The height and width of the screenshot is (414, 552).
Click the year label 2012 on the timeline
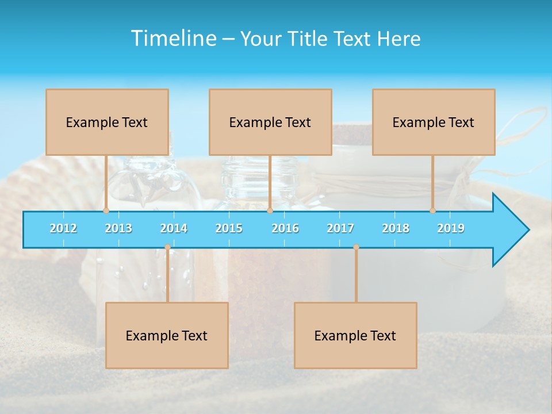(x=63, y=228)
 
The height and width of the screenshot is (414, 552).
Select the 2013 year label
(x=118, y=228)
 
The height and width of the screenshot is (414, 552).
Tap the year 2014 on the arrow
(x=174, y=228)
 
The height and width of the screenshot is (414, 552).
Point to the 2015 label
(x=229, y=228)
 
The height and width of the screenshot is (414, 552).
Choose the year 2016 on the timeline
(x=285, y=228)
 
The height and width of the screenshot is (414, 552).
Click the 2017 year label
(x=340, y=228)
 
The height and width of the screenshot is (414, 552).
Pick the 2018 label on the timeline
(x=396, y=228)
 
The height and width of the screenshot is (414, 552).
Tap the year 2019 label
(x=451, y=228)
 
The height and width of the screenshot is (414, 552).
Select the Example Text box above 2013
(x=107, y=122)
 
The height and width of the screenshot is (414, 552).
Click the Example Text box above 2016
(x=270, y=122)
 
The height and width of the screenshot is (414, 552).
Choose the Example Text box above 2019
(x=434, y=122)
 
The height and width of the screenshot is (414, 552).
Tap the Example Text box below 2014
(x=167, y=335)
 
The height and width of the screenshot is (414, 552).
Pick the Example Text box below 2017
(x=355, y=335)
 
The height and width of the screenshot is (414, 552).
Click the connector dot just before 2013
(x=106, y=210)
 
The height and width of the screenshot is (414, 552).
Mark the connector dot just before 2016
(x=270, y=210)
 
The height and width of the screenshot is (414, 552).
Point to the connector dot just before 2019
(x=433, y=210)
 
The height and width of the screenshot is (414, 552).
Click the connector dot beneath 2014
(x=167, y=247)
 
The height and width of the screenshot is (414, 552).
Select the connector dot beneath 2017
(x=356, y=247)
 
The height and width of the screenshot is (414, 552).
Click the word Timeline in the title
(x=173, y=39)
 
